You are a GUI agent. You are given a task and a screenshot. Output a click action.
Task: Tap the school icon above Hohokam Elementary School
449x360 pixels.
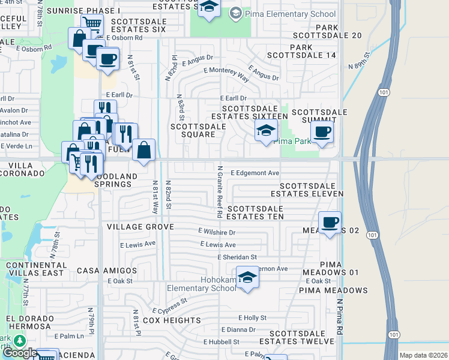pyautogui.click(x=247, y=277)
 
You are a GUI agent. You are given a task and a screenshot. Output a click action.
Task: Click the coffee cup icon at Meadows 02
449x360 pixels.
pyautogui.click(x=330, y=223)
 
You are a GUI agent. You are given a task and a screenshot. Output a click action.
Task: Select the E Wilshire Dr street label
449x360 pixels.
pyautogui.click(x=217, y=232)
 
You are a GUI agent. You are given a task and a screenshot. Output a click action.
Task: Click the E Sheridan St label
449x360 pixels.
pyautogui.click(x=237, y=257)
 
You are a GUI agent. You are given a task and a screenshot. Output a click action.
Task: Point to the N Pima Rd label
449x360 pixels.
pyautogui.click(x=339, y=317)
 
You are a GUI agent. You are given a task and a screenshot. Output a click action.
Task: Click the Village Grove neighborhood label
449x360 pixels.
pyautogui.click(x=140, y=227)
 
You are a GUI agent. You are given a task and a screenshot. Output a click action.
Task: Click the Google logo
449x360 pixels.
pyautogui.click(x=20, y=353)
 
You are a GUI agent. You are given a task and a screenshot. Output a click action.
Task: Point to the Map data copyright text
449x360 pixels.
pyautogui.click(x=423, y=355)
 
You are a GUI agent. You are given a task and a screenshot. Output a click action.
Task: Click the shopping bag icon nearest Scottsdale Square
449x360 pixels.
pyautogui.click(x=144, y=151)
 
